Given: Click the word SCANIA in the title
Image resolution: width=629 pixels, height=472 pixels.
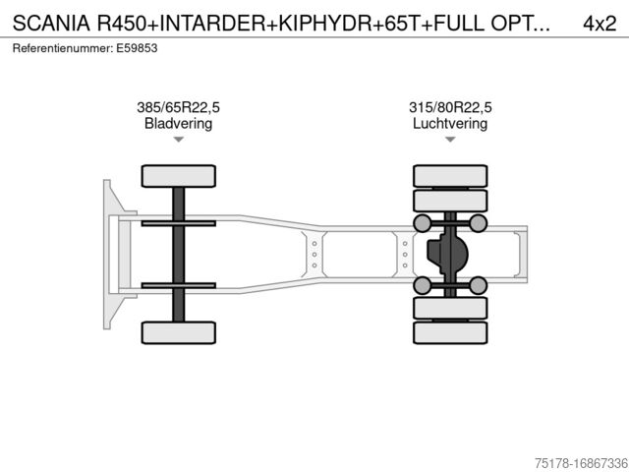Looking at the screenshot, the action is [51, 24].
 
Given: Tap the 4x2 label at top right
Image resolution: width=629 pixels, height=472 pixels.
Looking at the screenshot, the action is [600, 24].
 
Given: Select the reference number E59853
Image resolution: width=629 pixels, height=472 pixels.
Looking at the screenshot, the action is [137, 48].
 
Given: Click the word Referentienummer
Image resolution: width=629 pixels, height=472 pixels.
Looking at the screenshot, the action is [63, 48].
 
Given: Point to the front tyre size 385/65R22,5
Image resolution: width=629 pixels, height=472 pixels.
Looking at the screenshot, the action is [178, 107].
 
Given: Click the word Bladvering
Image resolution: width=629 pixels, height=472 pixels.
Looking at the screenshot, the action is [178, 123].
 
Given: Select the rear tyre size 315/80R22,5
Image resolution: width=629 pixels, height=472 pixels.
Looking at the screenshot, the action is [450, 107].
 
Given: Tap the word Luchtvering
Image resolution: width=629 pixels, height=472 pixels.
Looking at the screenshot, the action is [450, 123].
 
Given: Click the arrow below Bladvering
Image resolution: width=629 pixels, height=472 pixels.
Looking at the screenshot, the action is [179, 140].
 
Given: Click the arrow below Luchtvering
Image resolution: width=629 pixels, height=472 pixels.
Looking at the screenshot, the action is [450, 140].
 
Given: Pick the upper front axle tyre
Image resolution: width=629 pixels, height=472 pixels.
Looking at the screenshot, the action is [179, 176].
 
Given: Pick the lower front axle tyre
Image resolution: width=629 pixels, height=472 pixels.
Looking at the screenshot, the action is [179, 332].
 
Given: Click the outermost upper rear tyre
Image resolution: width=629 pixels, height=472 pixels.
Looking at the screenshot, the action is [450, 176].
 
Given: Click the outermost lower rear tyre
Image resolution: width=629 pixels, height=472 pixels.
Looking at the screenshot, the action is [450, 332].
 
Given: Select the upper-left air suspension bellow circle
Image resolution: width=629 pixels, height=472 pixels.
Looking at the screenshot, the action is [423, 223].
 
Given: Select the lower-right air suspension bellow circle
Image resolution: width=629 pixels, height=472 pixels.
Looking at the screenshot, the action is [479, 286].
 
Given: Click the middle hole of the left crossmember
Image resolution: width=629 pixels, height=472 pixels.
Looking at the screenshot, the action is [314, 255].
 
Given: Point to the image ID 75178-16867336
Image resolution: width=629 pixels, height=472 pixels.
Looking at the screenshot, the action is [581, 463].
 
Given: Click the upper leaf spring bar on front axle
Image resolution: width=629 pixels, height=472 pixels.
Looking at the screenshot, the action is [179, 223].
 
